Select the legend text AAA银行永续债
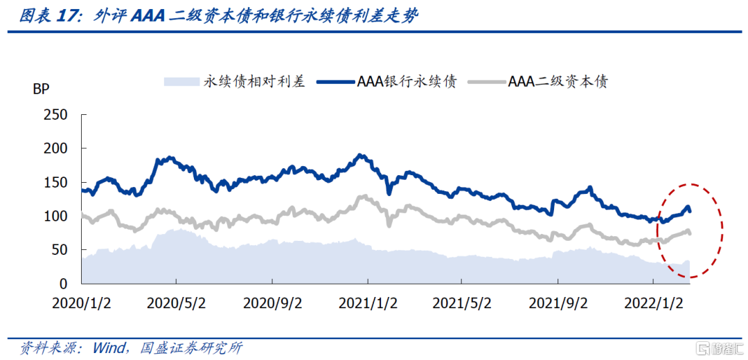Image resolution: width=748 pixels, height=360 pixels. tap(407, 82)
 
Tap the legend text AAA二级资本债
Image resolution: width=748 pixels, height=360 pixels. tap(558, 82)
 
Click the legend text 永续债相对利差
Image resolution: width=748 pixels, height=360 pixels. tap(254, 82)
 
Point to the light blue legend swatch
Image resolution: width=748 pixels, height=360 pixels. tap(181, 82)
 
